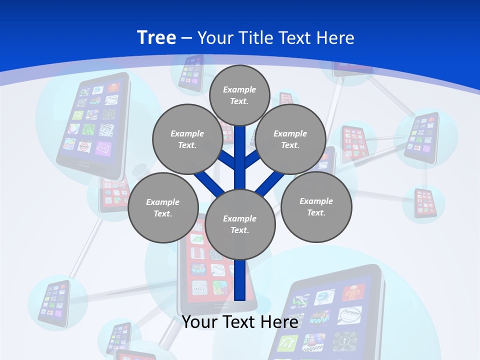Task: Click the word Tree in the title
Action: click(156, 38)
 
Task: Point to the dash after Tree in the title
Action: click(186, 38)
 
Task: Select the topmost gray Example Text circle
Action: click(239, 95)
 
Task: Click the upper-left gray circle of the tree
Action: click(187, 139)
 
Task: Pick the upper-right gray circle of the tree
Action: click(290, 139)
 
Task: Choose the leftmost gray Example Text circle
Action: click(163, 208)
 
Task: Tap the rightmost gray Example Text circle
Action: click(316, 207)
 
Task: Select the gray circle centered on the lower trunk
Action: click(240, 224)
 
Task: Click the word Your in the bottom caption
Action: click(200, 321)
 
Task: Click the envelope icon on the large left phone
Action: click(102, 148)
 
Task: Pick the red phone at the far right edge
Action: click(425, 203)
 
